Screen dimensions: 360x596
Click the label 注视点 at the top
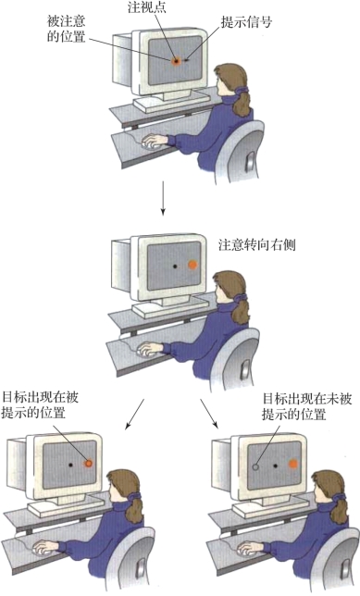[147, 8]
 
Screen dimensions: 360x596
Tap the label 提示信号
[246, 22]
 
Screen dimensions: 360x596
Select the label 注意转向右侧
[257, 244]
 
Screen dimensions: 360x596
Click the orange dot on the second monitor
[192, 265]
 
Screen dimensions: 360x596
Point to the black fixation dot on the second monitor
[175, 267]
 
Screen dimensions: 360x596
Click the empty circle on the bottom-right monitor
[255, 466]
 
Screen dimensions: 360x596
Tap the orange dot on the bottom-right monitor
[292, 464]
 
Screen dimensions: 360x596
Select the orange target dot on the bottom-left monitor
[88, 463]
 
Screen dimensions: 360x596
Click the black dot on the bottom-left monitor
[70, 465]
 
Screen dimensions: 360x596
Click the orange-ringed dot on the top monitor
[176, 61]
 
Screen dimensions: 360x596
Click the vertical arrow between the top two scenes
[163, 198]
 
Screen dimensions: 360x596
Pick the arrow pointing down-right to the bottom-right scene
[209, 414]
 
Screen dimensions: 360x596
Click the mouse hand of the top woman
[154, 141]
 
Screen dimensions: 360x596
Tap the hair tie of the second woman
[242, 298]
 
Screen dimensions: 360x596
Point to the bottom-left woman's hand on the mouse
[44, 547]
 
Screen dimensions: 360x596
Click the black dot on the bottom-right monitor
[275, 466]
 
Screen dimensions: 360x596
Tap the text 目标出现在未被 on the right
[307, 399]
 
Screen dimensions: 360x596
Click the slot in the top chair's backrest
[250, 161]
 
